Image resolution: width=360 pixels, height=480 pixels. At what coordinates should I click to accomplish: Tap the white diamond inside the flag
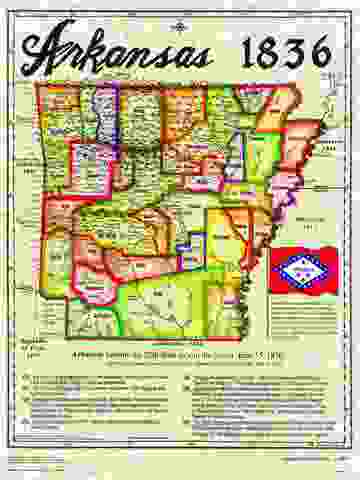(301, 269)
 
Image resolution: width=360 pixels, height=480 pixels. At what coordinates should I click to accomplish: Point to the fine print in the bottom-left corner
(40, 461)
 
